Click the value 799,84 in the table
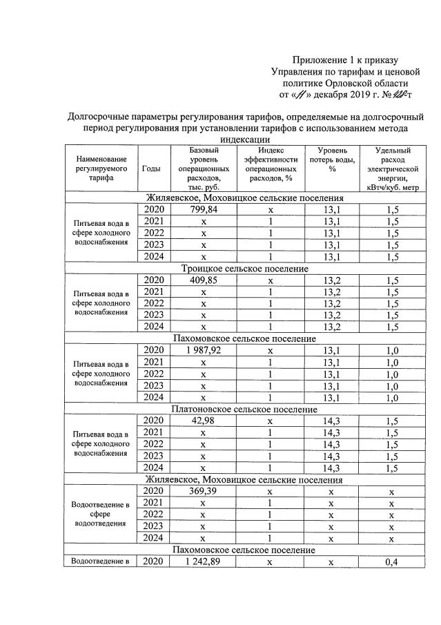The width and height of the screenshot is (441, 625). click(x=204, y=210)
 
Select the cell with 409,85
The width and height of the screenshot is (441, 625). click(x=204, y=280)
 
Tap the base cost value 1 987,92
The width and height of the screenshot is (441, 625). click(x=204, y=350)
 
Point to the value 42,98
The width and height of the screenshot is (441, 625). click(x=204, y=421)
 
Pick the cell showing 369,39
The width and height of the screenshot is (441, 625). click(x=204, y=491)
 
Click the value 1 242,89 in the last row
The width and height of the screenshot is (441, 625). click(x=204, y=561)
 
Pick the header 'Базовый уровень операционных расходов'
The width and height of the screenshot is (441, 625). click(x=204, y=168)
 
